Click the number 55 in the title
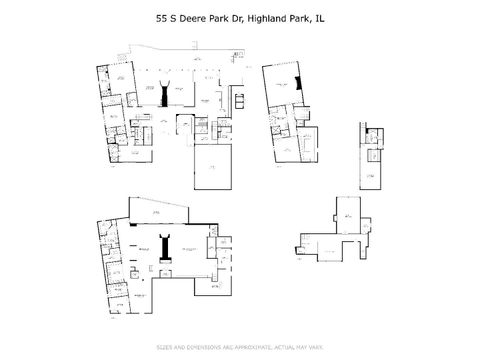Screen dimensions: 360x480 161,17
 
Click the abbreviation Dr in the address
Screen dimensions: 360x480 237,17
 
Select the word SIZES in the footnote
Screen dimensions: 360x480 165,347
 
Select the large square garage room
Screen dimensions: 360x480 212,171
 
